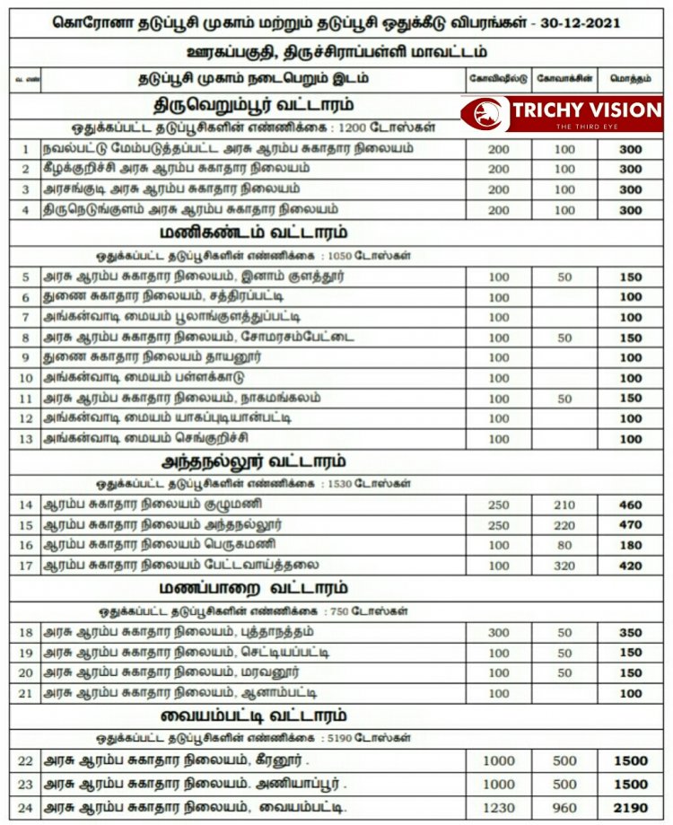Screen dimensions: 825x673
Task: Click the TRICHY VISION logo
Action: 563,114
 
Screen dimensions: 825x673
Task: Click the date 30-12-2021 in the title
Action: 589,22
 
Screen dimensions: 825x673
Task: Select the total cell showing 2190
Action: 631,807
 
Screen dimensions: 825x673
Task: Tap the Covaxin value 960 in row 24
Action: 564,807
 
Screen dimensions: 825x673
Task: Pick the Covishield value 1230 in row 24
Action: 499,807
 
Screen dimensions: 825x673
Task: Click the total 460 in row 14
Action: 631,505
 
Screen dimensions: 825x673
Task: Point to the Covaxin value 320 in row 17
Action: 564,566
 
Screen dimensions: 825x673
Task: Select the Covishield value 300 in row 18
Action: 499,633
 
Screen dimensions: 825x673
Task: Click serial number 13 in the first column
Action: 26,438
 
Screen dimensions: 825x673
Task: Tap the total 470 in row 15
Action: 631,525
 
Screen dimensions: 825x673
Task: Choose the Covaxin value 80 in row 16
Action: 564,545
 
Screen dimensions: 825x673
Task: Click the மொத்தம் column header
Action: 631,78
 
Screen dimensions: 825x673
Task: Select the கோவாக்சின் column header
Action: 564,78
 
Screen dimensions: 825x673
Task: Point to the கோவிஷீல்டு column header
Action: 499,78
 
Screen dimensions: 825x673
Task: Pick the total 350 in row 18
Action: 631,633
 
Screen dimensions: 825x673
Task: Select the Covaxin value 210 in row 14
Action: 564,505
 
